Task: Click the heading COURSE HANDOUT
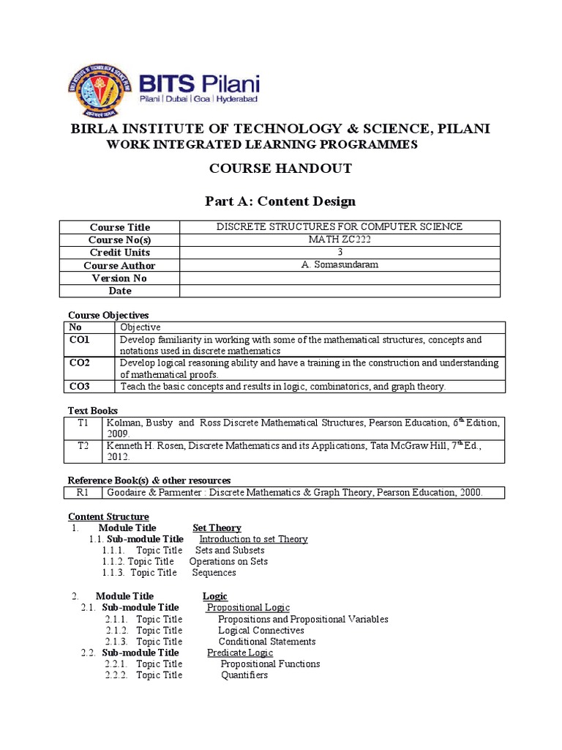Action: coord(280,169)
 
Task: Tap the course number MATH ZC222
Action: coord(339,240)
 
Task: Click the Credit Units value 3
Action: coord(339,252)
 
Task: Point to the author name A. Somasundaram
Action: coord(339,265)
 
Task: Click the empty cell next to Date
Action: coord(339,291)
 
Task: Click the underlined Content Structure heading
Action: coord(108,516)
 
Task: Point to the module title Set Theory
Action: coord(217,528)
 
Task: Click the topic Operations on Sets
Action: coord(228,562)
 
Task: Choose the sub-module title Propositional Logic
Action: coord(248,608)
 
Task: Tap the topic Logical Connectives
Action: coord(261,631)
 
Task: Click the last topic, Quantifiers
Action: coord(244,675)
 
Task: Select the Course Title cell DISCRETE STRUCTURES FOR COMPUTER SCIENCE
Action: coord(339,226)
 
